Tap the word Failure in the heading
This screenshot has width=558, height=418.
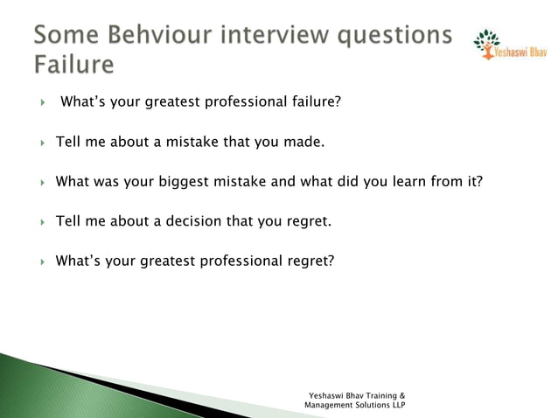coord(74,66)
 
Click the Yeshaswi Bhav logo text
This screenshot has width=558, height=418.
coord(521,52)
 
